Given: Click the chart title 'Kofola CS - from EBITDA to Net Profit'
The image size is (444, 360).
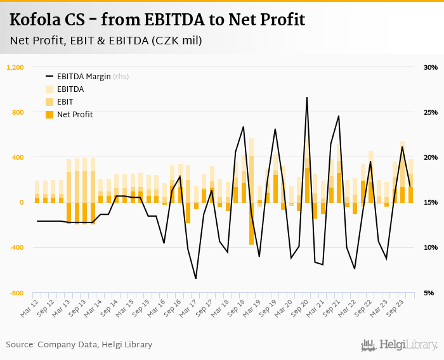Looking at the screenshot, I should tap(157, 20).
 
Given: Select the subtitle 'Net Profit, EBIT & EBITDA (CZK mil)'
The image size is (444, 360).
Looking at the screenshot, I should tap(106, 41).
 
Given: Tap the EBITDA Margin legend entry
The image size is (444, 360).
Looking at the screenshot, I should tap(84, 77).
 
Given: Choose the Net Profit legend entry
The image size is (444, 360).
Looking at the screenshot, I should tap(74, 115).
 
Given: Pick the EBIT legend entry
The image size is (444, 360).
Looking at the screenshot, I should tap(65, 102).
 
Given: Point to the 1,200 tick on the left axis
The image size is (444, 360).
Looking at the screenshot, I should tap(15, 67).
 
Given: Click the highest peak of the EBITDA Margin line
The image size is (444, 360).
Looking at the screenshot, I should tap(307, 98).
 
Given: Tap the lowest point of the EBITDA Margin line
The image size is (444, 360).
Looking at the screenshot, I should tap(195, 278).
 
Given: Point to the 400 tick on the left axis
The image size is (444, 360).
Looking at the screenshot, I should tap(17, 157).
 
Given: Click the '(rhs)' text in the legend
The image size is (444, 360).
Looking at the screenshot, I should tap(121, 77).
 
